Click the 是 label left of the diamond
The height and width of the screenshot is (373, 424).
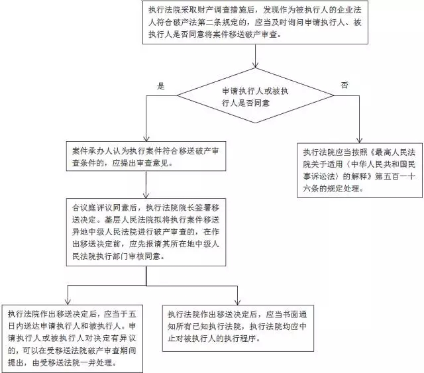pyautogui.click(x=159, y=86)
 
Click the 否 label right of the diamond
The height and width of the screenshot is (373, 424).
pyautogui.click(x=344, y=86)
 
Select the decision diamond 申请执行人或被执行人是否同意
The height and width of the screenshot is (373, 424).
pyautogui.click(x=254, y=99)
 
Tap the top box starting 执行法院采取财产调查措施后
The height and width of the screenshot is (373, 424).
pyautogui.click(x=254, y=23)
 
